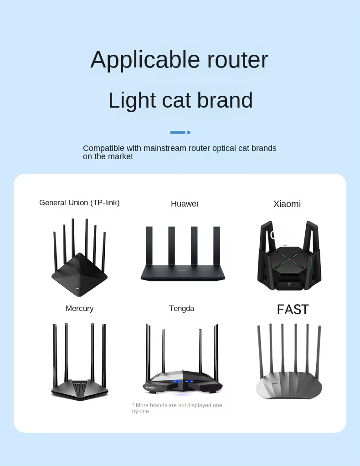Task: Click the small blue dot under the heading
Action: point(189,133)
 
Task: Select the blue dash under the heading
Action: point(178,133)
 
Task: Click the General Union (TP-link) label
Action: point(79,203)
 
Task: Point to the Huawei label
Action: point(185,204)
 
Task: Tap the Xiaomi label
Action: point(287,204)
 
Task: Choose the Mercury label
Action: point(80,309)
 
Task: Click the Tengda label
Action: point(181,309)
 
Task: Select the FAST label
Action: point(293,310)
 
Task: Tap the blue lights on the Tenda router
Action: point(183,381)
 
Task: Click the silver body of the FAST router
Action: point(289,385)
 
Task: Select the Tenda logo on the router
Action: point(150,388)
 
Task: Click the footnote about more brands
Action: point(177,409)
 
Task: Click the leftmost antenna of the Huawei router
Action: point(149,246)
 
